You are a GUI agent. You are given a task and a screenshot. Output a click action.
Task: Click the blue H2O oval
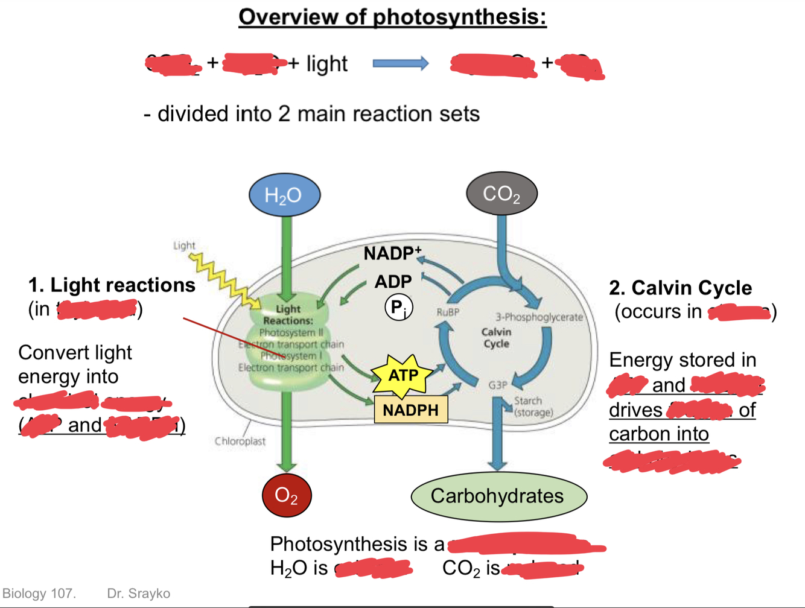pyautogui.click(x=284, y=195)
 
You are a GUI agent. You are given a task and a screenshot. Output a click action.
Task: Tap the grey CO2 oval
pyautogui.click(x=501, y=194)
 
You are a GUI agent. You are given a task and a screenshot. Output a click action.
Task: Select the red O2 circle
pyautogui.click(x=286, y=496)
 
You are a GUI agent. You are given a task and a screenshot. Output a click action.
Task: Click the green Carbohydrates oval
pyautogui.click(x=498, y=496)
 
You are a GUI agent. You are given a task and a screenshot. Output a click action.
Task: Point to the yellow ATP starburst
pyautogui.click(x=403, y=376)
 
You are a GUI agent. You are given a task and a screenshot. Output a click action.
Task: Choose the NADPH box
pyautogui.click(x=410, y=410)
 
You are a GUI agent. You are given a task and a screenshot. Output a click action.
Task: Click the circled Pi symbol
pyautogui.click(x=398, y=308)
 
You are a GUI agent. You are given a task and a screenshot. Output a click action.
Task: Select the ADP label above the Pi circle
pyautogui.click(x=393, y=281)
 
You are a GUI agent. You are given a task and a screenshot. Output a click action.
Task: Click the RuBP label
pyautogui.click(x=448, y=312)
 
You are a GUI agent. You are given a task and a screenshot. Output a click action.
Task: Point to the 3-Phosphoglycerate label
pyautogui.click(x=539, y=317)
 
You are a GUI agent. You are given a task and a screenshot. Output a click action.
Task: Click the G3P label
pyautogui.click(x=497, y=384)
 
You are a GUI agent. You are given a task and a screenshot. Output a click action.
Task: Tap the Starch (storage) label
pyautogui.click(x=532, y=407)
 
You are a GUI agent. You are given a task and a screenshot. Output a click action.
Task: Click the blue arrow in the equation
pyautogui.click(x=400, y=63)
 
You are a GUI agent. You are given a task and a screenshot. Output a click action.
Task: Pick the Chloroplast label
pyautogui.click(x=240, y=441)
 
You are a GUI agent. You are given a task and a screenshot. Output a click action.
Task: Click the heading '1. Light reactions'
pyautogui.click(x=112, y=285)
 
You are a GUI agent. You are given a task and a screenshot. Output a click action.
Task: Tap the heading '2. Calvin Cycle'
pyautogui.click(x=680, y=288)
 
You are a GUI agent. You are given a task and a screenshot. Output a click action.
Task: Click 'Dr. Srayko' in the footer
pyautogui.click(x=138, y=594)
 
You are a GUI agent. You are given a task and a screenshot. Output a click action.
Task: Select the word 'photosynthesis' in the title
pyautogui.click(x=460, y=17)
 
